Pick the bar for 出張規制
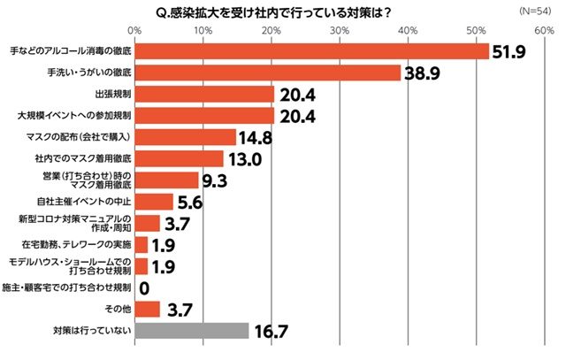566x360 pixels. (204, 95)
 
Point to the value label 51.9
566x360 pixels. (509, 52)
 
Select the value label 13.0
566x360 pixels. (244, 160)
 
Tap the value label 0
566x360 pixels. (144, 288)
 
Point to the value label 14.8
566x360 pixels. (257, 138)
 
